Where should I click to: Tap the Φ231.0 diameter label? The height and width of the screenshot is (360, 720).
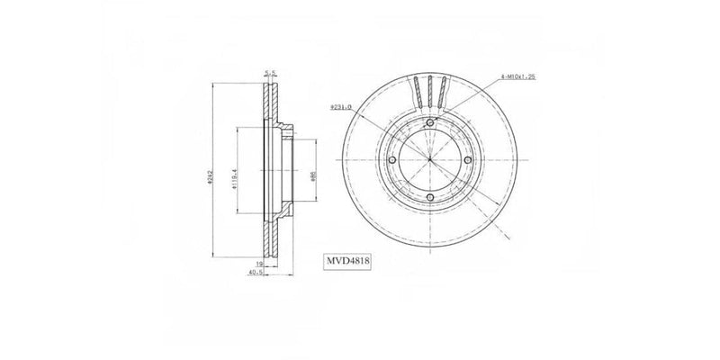(x=368, y=106)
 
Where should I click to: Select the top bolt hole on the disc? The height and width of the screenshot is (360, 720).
(x=430, y=123)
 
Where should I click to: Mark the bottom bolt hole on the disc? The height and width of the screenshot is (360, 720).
(x=430, y=198)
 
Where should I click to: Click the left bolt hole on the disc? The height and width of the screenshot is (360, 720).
(x=392, y=161)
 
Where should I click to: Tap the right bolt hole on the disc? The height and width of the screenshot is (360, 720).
(x=468, y=161)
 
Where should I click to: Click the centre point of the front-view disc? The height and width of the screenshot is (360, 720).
(x=430, y=161)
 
